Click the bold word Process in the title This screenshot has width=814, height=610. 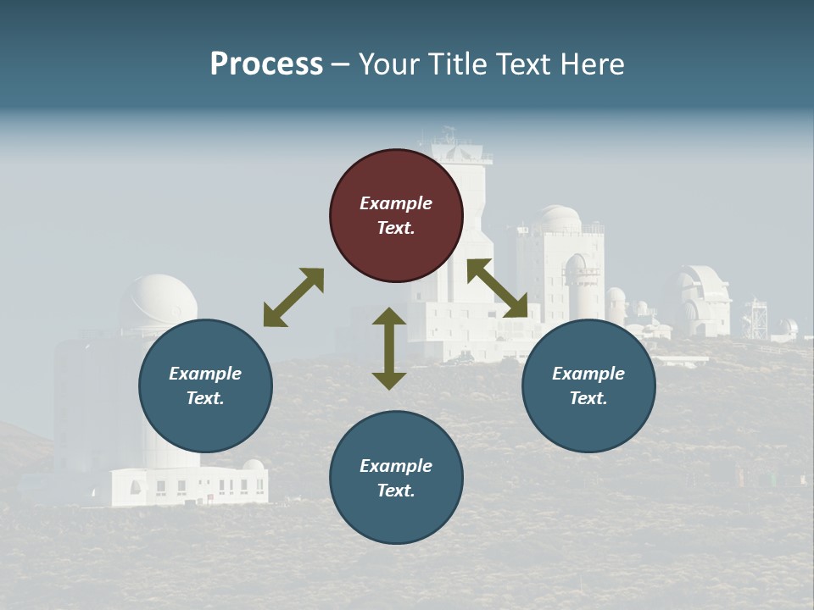tap(266, 64)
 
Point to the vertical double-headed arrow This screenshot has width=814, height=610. tap(389, 348)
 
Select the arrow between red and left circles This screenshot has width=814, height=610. tap(293, 297)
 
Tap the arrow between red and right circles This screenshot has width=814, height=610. tap(497, 288)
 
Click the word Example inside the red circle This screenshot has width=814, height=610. tap(396, 203)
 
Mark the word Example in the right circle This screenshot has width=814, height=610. tap(588, 374)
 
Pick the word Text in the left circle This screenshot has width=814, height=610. tap(204, 398)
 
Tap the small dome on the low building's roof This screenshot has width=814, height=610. tap(253, 464)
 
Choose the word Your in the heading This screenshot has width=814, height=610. tap(390, 64)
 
